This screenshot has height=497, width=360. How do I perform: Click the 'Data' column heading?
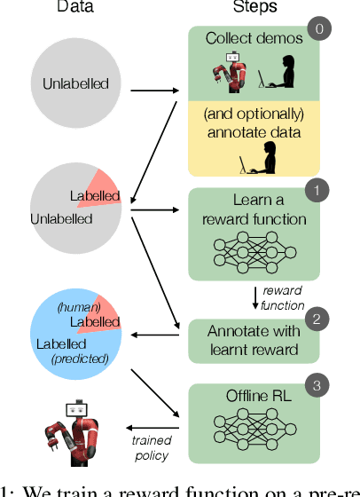75,7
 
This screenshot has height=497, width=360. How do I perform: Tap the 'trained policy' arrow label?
151,448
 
